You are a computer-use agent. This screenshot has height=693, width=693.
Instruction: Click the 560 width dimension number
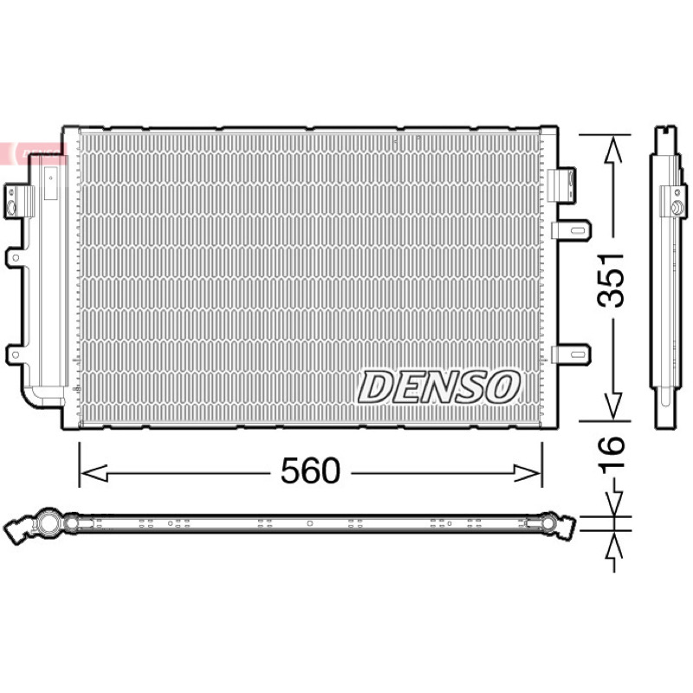click(311, 470)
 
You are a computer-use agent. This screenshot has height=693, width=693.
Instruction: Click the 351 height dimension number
click(611, 280)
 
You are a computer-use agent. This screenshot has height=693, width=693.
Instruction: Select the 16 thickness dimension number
click(612, 451)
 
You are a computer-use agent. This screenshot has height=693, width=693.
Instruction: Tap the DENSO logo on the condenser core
click(439, 387)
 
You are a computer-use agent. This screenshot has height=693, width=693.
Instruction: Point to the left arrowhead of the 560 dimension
click(94, 473)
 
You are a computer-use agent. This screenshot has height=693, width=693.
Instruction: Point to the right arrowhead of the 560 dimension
click(528, 473)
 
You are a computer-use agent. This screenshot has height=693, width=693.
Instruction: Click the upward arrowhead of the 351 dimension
click(613, 149)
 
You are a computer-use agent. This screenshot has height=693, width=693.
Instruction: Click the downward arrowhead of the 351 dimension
click(613, 405)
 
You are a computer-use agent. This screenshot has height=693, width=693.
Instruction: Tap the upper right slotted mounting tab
click(572, 230)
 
